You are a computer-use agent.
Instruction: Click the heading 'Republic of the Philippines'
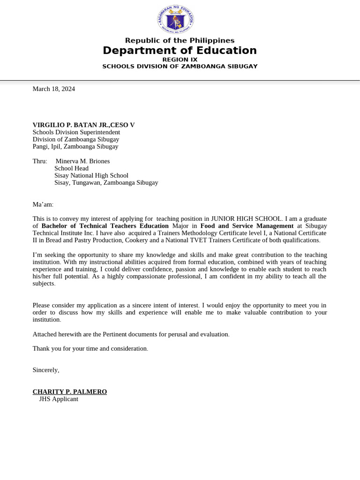coord(180,41)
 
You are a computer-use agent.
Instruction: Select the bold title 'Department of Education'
coord(180,51)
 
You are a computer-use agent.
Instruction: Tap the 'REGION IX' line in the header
coord(180,60)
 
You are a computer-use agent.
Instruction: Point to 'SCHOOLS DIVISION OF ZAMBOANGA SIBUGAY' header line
coord(180,67)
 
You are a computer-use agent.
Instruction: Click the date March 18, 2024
coord(53,89)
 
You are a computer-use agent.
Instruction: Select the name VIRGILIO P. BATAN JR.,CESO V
coord(83,125)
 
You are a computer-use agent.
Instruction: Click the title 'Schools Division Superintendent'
coord(76,132)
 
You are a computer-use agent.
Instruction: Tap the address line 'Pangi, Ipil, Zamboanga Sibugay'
coord(75,146)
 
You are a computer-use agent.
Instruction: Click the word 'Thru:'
coord(40,161)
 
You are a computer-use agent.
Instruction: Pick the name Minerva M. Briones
coord(82,161)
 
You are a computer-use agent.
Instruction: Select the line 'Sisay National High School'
coord(91,175)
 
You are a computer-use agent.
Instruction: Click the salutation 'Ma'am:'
coord(43,204)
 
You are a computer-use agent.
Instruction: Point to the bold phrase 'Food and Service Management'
coord(247,226)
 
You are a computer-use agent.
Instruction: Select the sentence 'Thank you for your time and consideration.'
coord(90,349)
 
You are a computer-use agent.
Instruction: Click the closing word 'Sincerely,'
coord(45,370)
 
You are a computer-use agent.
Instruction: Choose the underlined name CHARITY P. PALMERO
coord(69,392)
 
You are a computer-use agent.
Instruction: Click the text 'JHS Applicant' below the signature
coord(59,399)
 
